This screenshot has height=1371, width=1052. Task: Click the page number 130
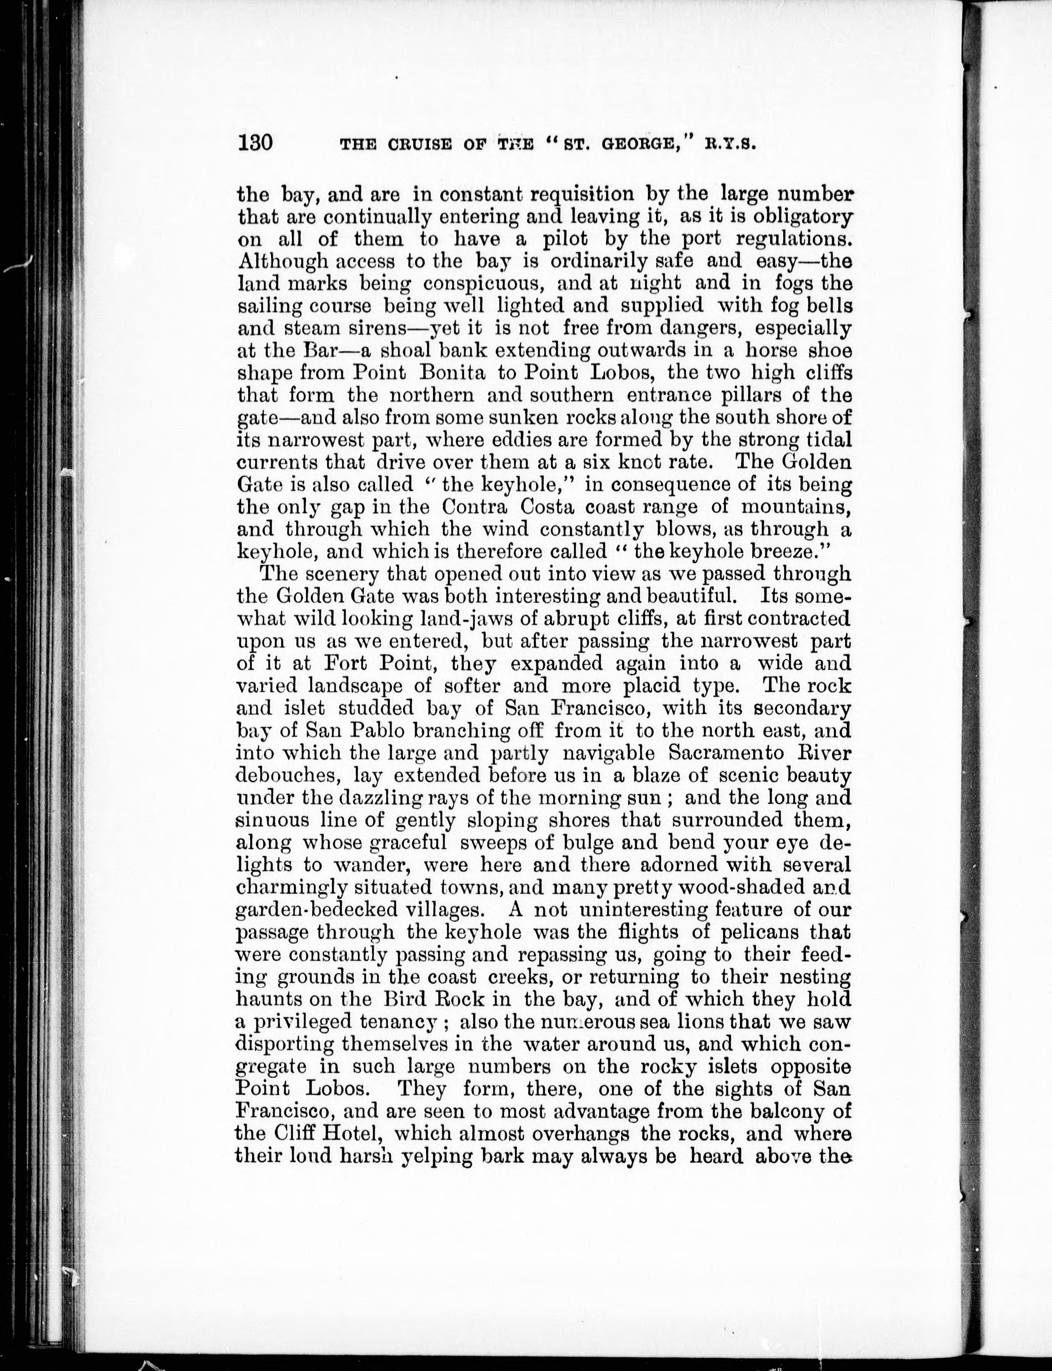coord(255,143)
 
